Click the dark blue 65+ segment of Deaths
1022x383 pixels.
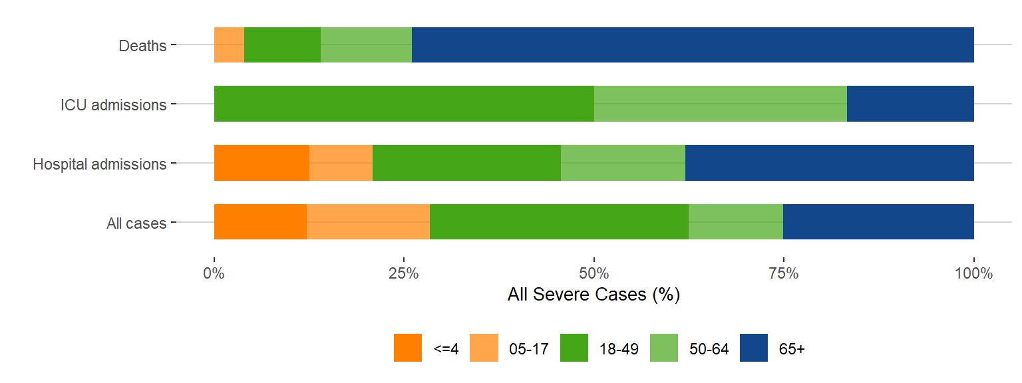click(x=693, y=45)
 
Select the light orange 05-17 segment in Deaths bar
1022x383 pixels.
click(x=229, y=45)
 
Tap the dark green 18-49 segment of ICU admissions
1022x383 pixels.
click(x=404, y=104)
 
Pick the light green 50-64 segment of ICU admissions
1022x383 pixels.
click(x=720, y=104)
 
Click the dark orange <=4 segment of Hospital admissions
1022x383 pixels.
click(x=261, y=163)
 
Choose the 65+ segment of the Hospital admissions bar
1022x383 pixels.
click(x=829, y=163)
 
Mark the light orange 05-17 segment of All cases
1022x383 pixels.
click(x=368, y=221)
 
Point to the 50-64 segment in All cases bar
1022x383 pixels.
click(x=735, y=221)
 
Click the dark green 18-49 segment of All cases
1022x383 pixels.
click(x=559, y=221)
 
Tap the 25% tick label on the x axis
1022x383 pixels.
click(x=403, y=274)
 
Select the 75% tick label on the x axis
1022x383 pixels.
click(x=784, y=274)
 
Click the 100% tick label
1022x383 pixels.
click(x=973, y=274)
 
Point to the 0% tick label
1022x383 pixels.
click(x=214, y=274)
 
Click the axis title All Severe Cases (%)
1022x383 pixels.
click(x=594, y=295)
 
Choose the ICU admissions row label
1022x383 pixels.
click(x=113, y=105)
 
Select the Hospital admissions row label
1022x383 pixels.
click(x=100, y=164)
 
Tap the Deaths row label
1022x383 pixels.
click(x=142, y=47)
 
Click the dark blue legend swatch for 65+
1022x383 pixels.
click(x=755, y=348)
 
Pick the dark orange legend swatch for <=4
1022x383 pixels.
click(x=408, y=348)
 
